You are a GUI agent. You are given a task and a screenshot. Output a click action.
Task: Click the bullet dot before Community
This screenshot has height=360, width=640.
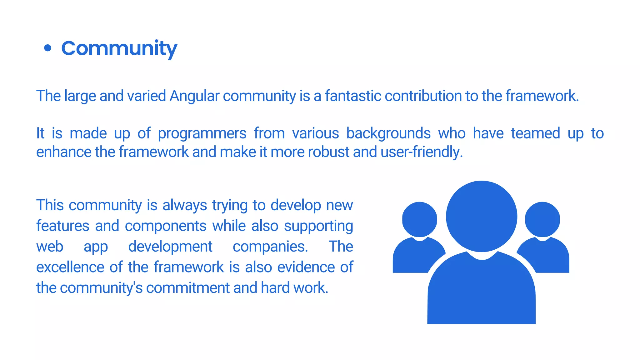(x=47, y=48)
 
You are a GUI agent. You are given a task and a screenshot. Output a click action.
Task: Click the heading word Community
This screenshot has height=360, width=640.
(x=119, y=49)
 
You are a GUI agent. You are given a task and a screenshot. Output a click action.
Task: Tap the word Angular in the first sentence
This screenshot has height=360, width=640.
(x=194, y=96)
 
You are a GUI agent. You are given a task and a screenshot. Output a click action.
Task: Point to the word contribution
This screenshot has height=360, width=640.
(x=423, y=96)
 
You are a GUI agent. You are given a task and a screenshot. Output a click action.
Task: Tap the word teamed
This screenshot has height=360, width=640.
(x=535, y=133)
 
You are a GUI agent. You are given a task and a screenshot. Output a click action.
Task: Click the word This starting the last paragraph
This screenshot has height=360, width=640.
(x=50, y=205)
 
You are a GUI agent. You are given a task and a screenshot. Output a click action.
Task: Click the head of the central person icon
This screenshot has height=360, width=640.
(x=481, y=216)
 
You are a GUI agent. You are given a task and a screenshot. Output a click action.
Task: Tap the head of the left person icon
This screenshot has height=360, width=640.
(x=419, y=219)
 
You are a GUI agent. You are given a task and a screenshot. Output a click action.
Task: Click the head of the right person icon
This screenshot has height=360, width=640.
(x=542, y=219)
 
